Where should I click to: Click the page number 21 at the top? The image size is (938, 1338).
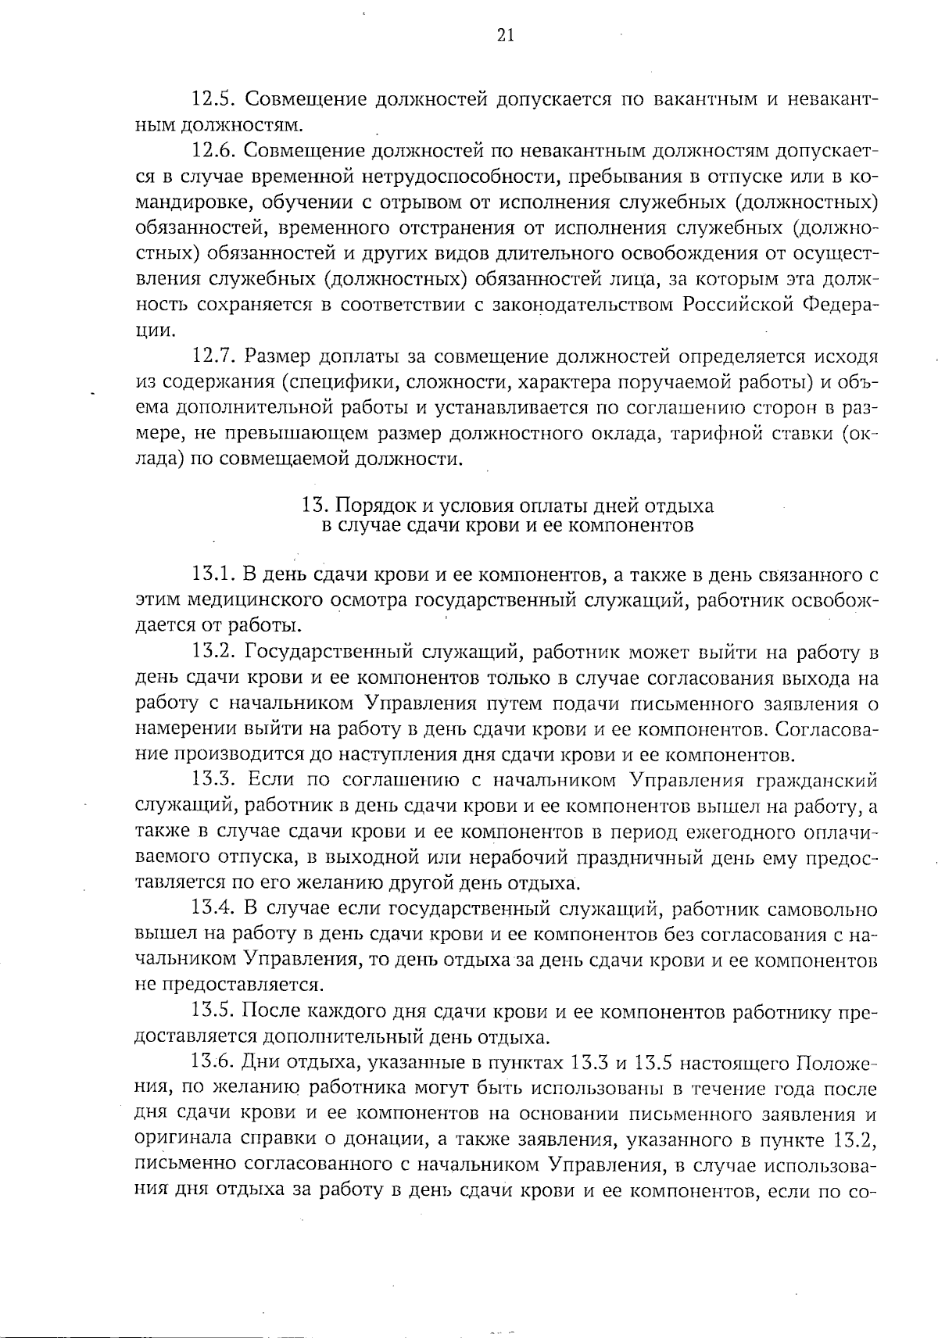[x=505, y=35]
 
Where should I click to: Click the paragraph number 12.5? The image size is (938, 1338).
[x=213, y=100]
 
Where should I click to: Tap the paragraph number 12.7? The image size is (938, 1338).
[x=213, y=357]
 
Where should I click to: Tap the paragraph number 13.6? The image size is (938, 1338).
[x=213, y=1063]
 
